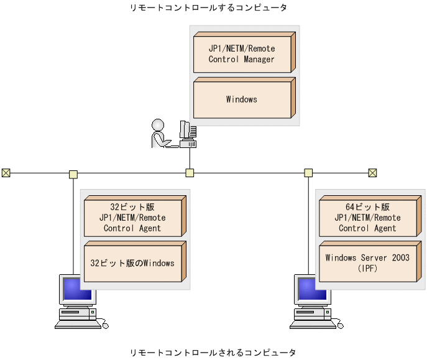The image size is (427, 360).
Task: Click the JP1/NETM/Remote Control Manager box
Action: click(x=241, y=54)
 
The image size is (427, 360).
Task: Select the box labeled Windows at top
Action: click(x=241, y=99)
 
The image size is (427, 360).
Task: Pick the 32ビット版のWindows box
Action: click(x=132, y=263)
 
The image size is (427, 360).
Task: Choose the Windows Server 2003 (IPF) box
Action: click(x=367, y=263)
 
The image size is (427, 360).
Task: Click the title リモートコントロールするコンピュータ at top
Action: click(x=208, y=8)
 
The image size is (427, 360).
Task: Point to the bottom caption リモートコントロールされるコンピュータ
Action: click(x=213, y=353)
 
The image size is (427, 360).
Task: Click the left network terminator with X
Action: click(x=6, y=173)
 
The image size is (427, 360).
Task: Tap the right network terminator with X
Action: click(x=372, y=173)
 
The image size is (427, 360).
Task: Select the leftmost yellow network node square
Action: click(x=73, y=173)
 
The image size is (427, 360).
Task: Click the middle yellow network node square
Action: click(x=190, y=173)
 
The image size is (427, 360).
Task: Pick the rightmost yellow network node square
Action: click(x=308, y=173)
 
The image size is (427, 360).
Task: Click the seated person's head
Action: click(x=158, y=124)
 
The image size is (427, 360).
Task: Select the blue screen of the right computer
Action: click(x=306, y=289)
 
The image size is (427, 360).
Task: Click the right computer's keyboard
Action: click(x=311, y=324)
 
